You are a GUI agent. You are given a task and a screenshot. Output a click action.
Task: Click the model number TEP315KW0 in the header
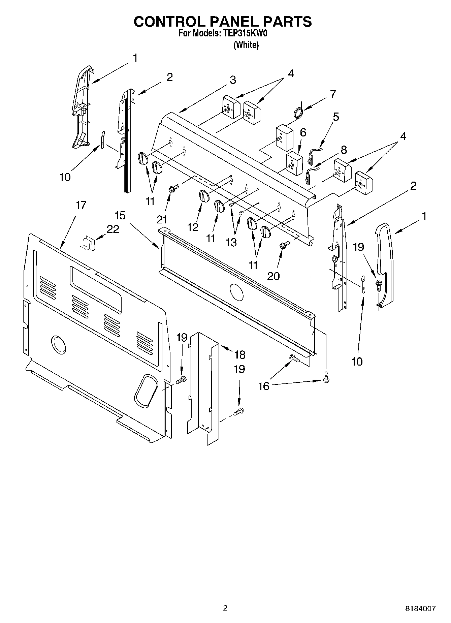click(244, 34)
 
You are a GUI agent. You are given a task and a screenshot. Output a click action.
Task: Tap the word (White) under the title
click(246, 45)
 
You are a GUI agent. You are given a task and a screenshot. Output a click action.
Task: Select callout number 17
click(80, 205)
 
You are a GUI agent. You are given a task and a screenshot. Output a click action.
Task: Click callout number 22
click(113, 229)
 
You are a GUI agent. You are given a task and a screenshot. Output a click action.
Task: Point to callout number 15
click(120, 215)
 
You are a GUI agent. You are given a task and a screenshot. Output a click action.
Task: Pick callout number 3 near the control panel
click(232, 80)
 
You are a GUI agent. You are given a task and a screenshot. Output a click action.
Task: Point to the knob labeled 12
click(203, 196)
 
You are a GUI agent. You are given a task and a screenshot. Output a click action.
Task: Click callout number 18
click(239, 354)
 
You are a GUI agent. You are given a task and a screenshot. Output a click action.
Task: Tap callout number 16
click(264, 386)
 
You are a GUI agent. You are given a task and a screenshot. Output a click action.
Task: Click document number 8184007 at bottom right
click(420, 609)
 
